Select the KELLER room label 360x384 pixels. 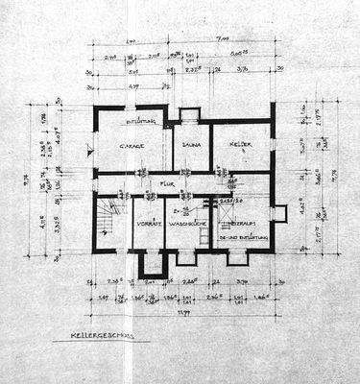pos(240,145)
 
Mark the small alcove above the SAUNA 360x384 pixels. pos(189,114)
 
